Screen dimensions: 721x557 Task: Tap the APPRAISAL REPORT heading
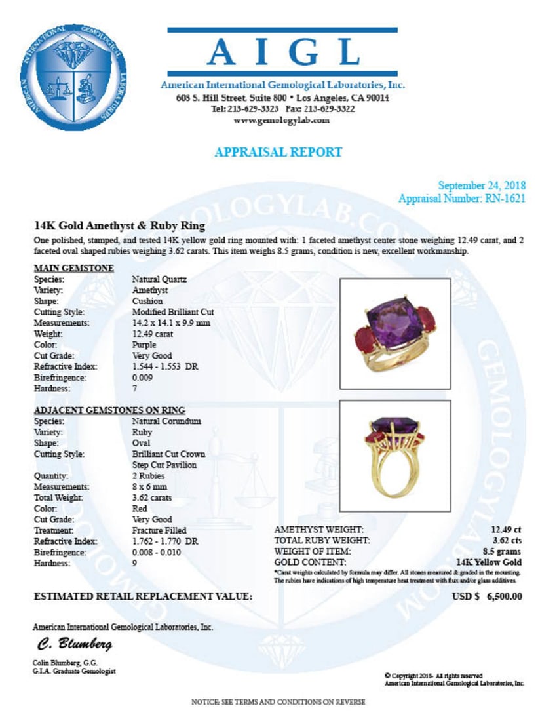tap(278, 152)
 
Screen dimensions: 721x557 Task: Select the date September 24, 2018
tap(482, 185)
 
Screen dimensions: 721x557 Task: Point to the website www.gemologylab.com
tap(282, 121)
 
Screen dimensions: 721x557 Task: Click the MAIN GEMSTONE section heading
tap(73, 268)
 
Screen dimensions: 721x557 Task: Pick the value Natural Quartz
tap(159, 279)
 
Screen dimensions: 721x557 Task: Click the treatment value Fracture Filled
tap(159, 530)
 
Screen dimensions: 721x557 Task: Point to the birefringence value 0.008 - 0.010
tap(157, 553)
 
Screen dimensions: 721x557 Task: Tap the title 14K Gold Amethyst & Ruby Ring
tap(119, 226)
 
